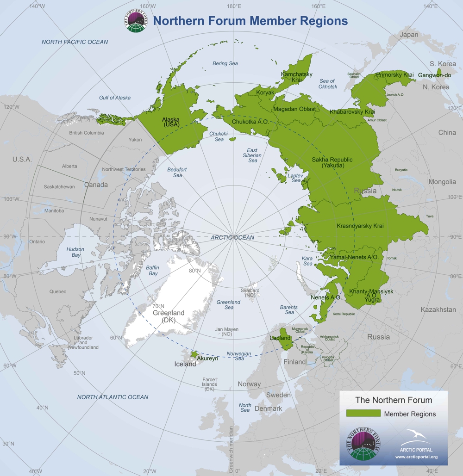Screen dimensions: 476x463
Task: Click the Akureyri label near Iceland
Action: coord(207,358)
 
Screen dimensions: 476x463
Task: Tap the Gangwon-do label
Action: coord(434,75)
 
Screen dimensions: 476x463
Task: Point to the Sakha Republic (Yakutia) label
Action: coord(332,162)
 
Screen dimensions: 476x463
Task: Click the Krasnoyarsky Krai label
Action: coord(360,226)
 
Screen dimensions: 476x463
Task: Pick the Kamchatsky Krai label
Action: coord(297,77)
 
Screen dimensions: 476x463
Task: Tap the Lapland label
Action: coord(280,338)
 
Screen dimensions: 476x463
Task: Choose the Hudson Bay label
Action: coord(75,252)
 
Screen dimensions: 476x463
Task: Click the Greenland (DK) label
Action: coord(169,316)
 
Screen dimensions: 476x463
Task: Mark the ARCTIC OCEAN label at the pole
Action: coord(232,237)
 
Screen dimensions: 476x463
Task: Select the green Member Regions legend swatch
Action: coord(363,414)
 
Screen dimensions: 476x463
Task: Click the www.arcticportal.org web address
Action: coord(416,457)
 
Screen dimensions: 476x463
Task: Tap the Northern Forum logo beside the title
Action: coord(135,21)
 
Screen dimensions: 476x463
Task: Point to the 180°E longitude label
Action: coord(234,6)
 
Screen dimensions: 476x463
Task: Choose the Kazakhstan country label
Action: coord(438,309)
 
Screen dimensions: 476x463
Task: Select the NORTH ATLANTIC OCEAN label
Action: coord(113,397)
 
